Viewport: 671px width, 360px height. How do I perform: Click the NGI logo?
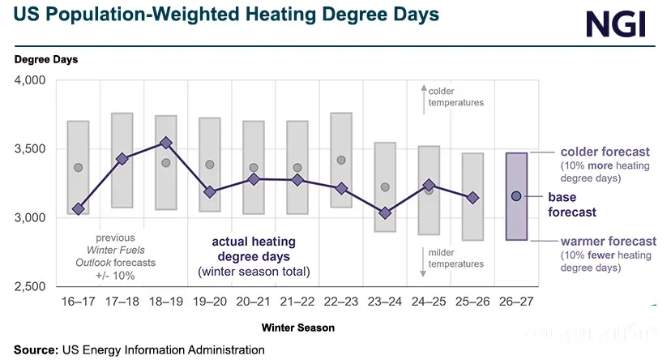616,25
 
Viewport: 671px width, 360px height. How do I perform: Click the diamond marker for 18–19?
166,143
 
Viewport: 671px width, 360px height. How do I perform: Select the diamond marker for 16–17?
79,209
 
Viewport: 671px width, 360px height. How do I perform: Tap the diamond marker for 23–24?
385,212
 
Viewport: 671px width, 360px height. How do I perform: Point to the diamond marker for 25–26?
473,198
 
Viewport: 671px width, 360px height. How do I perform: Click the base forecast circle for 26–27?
516,196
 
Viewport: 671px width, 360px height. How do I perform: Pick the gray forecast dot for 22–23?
341,160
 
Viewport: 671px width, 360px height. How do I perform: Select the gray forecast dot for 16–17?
79,167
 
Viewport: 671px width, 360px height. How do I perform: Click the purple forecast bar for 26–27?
516,196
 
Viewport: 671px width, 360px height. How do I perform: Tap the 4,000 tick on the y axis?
30,80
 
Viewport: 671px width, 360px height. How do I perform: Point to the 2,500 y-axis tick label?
30,286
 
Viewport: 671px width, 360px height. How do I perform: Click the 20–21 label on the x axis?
254,302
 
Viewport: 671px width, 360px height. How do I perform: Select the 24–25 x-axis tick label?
429,302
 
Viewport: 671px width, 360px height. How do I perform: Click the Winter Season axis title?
298,328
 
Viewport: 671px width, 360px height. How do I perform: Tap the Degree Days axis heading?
46,59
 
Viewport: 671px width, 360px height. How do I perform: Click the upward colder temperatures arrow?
424,99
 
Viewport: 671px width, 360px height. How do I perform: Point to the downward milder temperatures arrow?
423,262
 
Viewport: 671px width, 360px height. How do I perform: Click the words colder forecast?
605,152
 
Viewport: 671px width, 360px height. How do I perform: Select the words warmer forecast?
609,241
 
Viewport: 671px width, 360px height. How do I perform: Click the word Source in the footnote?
36,349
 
